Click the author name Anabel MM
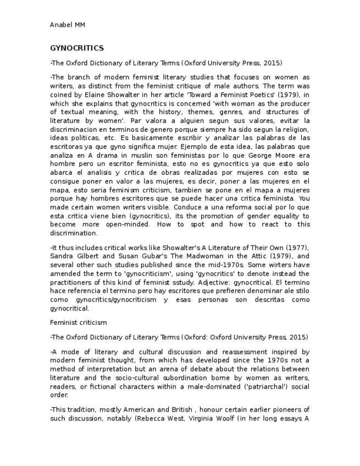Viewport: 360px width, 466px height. (x=67, y=25)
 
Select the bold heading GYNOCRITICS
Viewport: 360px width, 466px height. (x=76, y=48)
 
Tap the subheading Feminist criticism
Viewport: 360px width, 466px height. (x=78, y=322)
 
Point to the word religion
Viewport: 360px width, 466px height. (x=296, y=129)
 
